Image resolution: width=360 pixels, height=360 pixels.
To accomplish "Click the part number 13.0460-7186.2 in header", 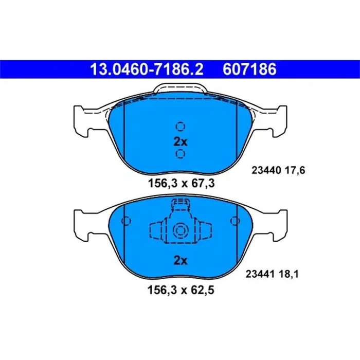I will tap(147, 68).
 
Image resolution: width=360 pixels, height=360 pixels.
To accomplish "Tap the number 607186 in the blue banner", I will tap(249, 68).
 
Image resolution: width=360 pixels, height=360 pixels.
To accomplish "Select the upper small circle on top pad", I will tap(180, 126).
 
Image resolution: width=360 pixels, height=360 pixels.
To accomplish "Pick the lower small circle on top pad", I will tap(180, 154).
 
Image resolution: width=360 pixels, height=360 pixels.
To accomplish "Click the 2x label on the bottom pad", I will tap(180, 261).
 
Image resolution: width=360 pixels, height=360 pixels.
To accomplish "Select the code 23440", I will tap(263, 170).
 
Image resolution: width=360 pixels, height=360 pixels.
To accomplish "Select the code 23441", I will tap(263, 275).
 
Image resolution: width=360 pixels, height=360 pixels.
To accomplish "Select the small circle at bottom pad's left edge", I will tap(125, 221).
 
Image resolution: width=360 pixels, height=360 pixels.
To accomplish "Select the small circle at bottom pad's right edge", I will tap(236, 221).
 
